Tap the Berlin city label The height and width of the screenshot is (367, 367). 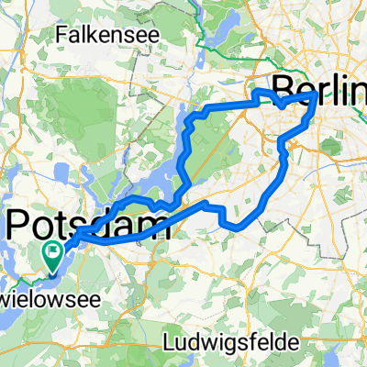click(x=320, y=87)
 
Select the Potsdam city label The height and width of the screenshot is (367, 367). click(x=88, y=224)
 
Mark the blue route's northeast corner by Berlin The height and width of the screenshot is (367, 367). click(x=317, y=94)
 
